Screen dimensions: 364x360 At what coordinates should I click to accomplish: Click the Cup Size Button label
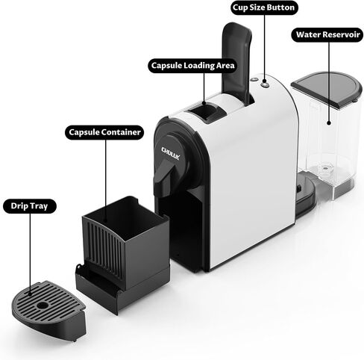click(x=264, y=7)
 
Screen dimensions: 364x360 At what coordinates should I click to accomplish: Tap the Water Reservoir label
click(x=327, y=34)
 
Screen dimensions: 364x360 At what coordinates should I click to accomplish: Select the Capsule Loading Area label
click(x=192, y=66)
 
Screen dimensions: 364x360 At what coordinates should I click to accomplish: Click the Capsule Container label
click(x=104, y=132)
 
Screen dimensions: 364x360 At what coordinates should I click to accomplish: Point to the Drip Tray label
click(x=30, y=206)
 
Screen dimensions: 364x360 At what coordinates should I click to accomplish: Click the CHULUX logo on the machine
click(x=170, y=153)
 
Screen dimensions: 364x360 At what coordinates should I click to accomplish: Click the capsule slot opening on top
click(x=204, y=112)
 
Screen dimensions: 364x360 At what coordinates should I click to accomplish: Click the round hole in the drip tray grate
click(x=43, y=305)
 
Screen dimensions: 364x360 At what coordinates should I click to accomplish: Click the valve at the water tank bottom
click(x=324, y=168)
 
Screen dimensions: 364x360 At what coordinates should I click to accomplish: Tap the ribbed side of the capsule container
click(x=104, y=249)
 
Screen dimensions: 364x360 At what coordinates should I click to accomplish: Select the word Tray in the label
click(x=39, y=206)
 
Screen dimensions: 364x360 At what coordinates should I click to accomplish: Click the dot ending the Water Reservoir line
click(x=329, y=122)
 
